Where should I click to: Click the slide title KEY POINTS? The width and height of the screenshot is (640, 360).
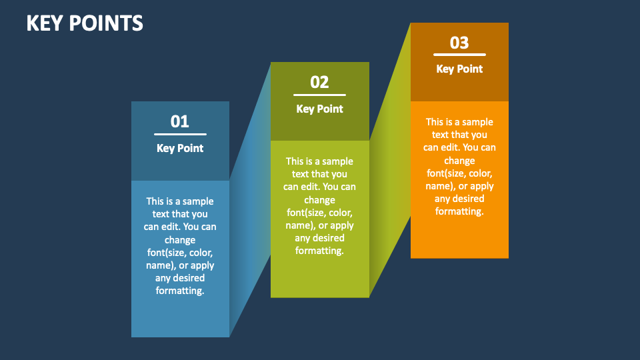85,23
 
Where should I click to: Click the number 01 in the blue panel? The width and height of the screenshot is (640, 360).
180,121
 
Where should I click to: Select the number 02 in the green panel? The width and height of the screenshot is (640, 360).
320,82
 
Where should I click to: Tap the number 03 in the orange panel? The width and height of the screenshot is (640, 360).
459,43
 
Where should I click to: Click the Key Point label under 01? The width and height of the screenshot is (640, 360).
180,148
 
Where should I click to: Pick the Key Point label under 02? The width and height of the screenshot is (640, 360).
320,109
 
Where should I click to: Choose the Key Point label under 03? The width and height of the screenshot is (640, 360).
459,69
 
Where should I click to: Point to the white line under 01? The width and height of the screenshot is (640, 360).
180,134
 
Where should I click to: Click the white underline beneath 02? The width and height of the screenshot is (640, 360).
320,95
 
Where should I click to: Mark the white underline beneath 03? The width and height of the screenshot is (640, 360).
459,55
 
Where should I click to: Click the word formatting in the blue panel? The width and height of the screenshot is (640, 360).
180,291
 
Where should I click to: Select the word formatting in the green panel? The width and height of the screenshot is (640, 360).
320,251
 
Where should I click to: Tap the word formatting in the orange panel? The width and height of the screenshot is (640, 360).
459,211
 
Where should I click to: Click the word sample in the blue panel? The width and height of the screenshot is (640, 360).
198,201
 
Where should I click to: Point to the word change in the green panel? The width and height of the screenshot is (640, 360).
320,200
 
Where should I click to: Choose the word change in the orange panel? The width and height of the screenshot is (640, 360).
459,161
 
